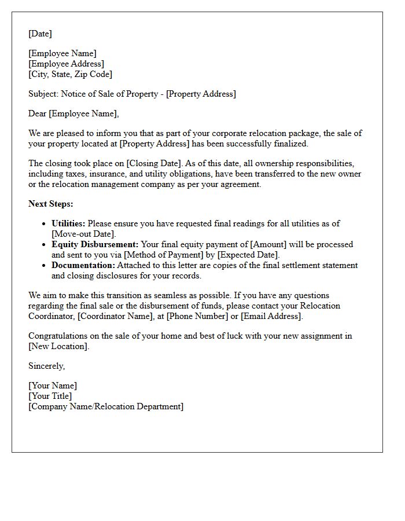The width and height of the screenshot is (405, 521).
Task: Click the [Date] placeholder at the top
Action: (40, 34)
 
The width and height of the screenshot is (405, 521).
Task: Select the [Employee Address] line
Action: (66, 64)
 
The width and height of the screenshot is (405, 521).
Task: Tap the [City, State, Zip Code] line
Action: (70, 74)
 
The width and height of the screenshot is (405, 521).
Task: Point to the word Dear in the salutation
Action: (38, 113)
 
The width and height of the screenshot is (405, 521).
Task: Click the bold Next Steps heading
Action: (51, 204)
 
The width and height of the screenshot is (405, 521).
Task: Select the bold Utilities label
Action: (68, 223)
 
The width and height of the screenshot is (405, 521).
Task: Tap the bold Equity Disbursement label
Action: (95, 244)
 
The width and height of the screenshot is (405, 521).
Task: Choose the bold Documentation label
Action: (83, 265)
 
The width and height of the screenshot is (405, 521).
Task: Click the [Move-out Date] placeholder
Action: (84, 234)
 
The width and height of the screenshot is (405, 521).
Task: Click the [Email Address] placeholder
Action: (271, 316)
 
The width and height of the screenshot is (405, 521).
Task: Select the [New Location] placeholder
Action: (58, 346)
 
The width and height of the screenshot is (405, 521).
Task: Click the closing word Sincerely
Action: (46, 366)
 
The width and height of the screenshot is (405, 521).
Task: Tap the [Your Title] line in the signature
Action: (50, 396)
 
